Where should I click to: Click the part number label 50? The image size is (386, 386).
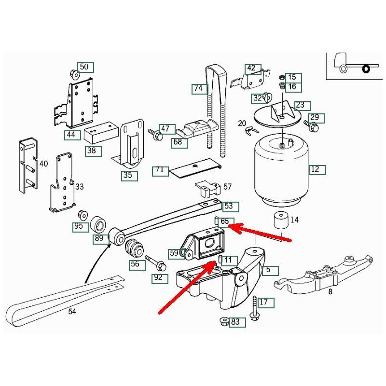(x=84, y=67)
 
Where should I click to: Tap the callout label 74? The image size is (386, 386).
(x=198, y=88)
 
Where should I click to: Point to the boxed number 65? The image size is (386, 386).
(x=225, y=222)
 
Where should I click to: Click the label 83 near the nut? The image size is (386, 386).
(x=235, y=322)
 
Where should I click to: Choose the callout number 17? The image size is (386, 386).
(x=263, y=303)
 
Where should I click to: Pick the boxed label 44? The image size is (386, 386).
(x=71, y=135)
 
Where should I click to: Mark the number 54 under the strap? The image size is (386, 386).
(x=72, y=312)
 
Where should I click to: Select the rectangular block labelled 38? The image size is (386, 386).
(x=101, y=135)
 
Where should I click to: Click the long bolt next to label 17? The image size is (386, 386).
(x=253, y=307)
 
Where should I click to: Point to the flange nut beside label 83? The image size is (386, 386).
(x=223, y=321)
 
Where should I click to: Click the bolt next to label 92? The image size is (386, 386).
(x=155, y=262)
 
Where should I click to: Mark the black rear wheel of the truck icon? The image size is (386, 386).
(x=366, y=69)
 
